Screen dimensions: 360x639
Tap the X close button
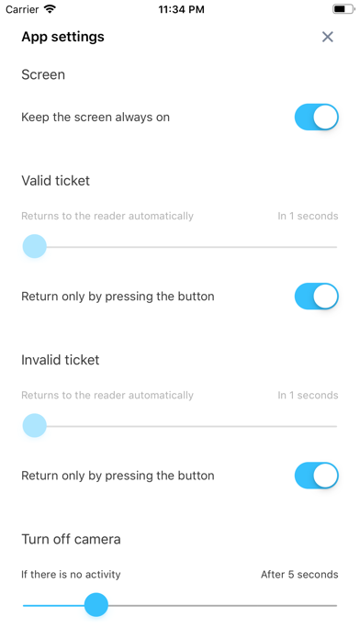[327, 37]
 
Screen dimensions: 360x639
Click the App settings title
[62, 37]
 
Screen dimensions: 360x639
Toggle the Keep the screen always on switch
[317, 117]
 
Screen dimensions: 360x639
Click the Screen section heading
[43, 74]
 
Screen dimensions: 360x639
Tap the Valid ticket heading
[55, 181]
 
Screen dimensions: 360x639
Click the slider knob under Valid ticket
[35, 246]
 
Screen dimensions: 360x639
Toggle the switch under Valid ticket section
[317, 297]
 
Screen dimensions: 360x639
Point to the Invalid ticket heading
[61, 360]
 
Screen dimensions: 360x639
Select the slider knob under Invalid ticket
[35, 425]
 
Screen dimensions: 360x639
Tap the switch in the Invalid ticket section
[317, 476]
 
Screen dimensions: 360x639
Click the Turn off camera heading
[71, 539]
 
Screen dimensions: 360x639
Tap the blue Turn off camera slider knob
[96, 605]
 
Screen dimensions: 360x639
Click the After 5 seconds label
[299, 575]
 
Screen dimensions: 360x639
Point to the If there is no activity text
[71, 575]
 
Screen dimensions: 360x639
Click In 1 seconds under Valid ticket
[308, 216]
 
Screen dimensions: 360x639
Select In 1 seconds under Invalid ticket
[308, 396]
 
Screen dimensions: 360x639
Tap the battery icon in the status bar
[343, 9]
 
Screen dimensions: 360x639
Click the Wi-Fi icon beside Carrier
[51, 9]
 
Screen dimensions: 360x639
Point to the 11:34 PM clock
[181, 9]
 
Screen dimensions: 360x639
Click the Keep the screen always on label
[96, 118]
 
